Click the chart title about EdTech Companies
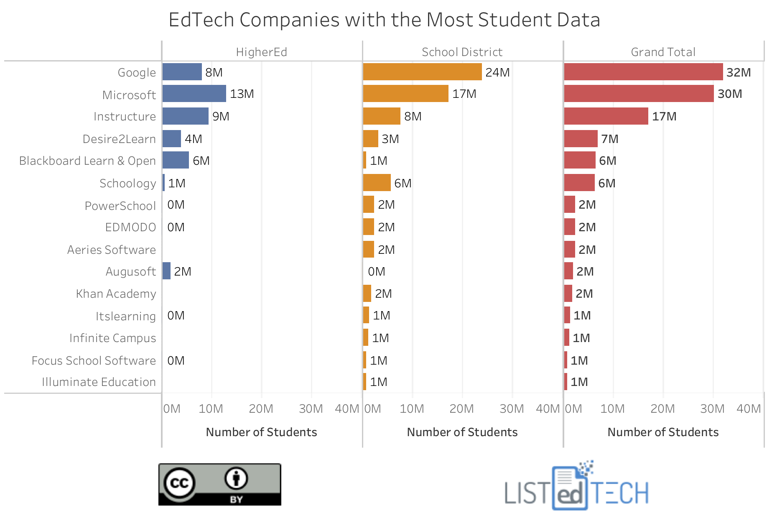tap(384, 20)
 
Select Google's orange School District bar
tap(422, 72)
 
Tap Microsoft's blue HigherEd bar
tap(194, 94)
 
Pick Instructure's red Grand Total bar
tap(606, 116)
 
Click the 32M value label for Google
tap(738, 72)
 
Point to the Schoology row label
tap(127, 183)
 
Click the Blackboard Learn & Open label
tap(87, 161)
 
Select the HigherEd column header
tap(261, 52)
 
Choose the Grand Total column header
tap(663, 52)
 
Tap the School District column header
tap(462, 52)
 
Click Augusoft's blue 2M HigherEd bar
tap(166, 271)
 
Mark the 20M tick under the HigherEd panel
tap(261, 409)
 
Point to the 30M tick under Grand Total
tap(712, 409)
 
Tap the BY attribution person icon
tap(236, 478)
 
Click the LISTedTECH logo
tap(576, 487)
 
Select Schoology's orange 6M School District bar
tap(377, 183)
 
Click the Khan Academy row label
tap(116, 294)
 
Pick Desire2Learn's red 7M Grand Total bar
tap(581, 139)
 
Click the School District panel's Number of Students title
tap(462, 432)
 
